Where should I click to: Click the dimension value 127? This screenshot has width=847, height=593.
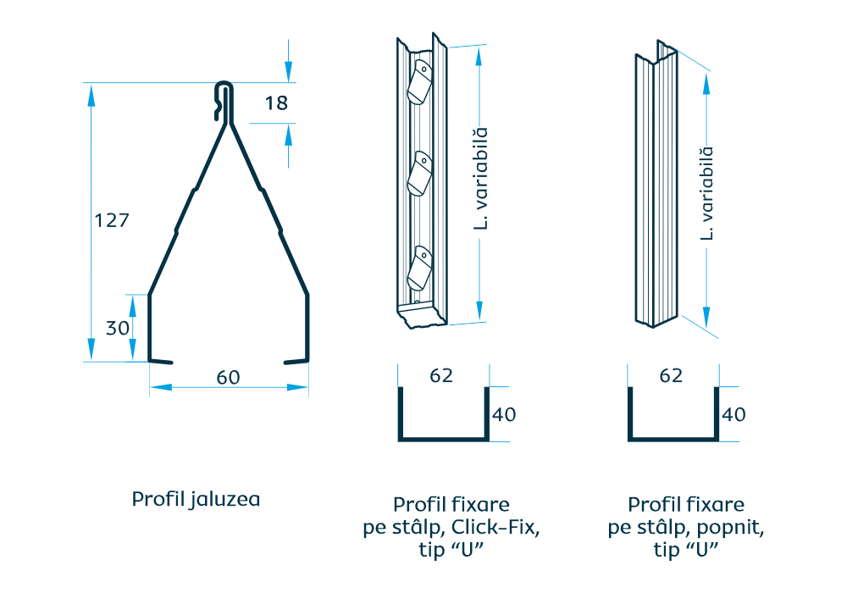point(111,220)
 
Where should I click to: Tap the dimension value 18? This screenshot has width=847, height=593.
point(276,103)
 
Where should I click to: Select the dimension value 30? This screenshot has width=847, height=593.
point(118,328)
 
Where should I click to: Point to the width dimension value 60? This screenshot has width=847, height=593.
point(228,378)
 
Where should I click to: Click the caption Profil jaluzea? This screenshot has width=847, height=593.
point(196,499)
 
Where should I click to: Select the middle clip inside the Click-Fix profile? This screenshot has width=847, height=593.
point(419,175)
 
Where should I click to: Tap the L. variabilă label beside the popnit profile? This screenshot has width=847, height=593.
point(706,193)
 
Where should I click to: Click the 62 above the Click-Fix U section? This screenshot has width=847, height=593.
point(441,376)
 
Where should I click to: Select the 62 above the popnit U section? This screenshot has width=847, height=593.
point(671,376)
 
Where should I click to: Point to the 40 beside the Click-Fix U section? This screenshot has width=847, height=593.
point(504,415)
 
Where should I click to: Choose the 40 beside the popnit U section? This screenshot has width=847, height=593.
point(734,415)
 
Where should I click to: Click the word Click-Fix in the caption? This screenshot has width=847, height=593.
point(495,529)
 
